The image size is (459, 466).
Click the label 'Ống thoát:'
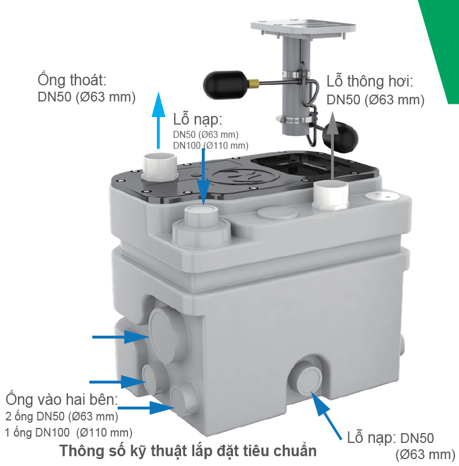click(72, 80)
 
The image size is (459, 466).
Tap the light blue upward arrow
click(159, 121)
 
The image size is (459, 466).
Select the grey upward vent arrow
click(332, 145)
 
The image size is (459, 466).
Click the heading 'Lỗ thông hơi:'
click(370, 81)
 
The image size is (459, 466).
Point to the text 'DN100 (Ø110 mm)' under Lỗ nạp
click(210, 145)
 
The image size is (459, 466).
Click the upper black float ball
click(225, 85)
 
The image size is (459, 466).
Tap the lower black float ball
click(340, 138)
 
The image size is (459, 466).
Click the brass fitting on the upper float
click(253, 82)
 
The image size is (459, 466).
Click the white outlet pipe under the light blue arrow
click(160, 166)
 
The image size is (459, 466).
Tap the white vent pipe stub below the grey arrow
click(330, 196)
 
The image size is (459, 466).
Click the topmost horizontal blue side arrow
click(121, 337)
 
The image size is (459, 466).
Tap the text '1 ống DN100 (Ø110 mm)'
click(69, 433)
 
